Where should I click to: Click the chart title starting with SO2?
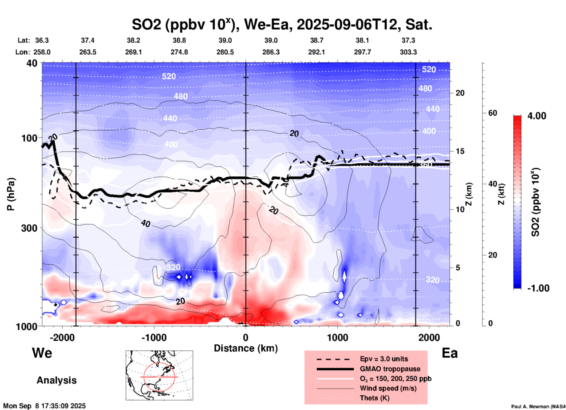coord(282,24)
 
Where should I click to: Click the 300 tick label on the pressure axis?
coord(29,228)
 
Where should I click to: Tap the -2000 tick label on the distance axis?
coord(62,337)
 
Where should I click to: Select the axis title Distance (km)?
coord(246,348)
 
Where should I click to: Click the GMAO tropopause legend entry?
coord(390,369)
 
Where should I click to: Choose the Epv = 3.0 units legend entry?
coord(384,359)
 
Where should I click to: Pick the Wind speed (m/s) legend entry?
coord(388,388)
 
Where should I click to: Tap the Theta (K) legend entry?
coord(374,398)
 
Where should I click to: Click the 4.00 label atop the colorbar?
coord(537,116)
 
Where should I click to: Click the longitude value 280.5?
coord(225,52)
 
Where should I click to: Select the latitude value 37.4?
coord(88,40)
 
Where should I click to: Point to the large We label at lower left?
coord(42,353)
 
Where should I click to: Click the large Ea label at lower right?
coord(449,353)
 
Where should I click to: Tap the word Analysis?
coord(56,380)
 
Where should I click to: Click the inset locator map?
coord(159,375)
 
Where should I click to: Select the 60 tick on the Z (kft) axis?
coord(492,113)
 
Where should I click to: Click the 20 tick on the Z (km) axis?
coord(460,93)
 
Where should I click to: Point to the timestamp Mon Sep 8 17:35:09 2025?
coord(44,406)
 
